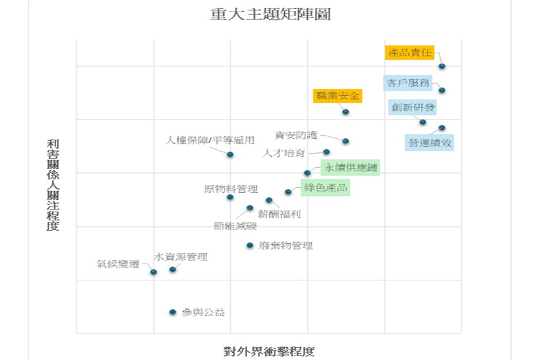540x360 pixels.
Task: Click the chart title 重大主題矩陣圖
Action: point(270,14)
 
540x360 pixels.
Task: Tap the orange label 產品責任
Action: point(410,53)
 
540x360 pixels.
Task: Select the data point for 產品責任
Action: point(442,66)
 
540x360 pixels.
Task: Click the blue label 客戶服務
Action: point(408,83)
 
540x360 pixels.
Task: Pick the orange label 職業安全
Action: point(337,96)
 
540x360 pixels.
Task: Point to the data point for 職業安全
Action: point(345,112)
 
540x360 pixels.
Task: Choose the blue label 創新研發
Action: point(413,107)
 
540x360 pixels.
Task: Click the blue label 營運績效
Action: point(430,142)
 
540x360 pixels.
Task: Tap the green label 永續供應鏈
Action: point(350,168)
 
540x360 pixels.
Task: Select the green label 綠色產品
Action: point(325,188)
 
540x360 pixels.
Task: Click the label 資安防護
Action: point(296,135)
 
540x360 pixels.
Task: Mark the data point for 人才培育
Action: point(327,152)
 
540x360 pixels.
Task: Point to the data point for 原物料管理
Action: point(230,197)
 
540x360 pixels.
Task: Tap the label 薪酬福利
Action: point(279,214)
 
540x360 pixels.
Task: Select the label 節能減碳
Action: point(235,226)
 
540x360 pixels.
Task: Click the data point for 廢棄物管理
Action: point(249,245)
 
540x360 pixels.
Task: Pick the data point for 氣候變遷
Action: point(154,272)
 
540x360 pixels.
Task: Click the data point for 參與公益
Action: point(172,312)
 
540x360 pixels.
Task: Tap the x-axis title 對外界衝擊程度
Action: point(269,351)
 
